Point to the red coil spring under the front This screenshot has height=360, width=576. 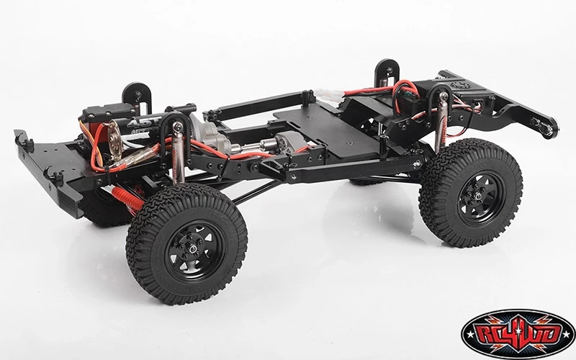pos(130,196)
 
